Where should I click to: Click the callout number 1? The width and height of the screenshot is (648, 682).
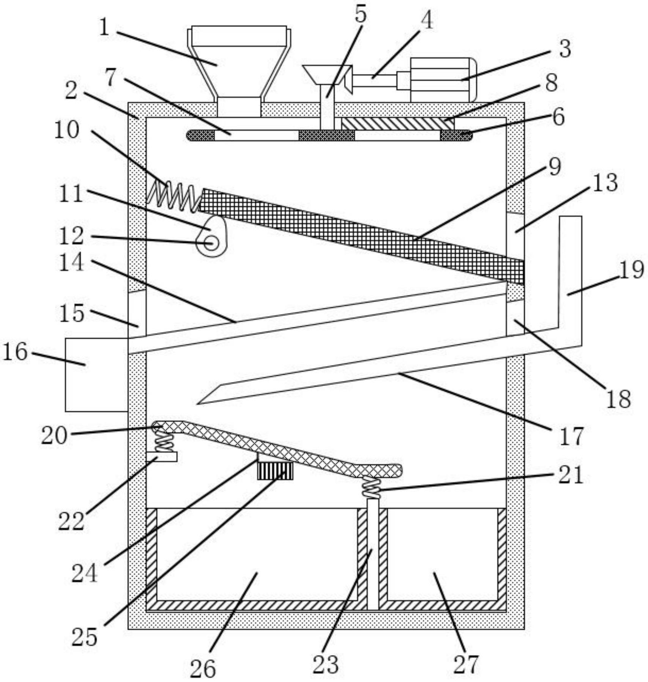[x=104, y=27]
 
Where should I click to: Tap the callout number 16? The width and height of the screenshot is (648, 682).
[x=15, y=352]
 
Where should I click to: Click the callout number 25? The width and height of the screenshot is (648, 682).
[x=84, y=637]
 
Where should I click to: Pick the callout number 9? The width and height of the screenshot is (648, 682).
[x=555, y=166]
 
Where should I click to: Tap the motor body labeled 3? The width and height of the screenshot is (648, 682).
[x=443, y=80]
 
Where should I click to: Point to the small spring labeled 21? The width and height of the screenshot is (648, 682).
[x=371, y=488]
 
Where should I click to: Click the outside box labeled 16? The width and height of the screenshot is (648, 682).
[x=96, y=375]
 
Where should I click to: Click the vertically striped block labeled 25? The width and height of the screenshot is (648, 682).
[x=275, y=470]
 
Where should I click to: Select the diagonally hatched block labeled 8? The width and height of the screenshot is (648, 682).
[x=397, y=124]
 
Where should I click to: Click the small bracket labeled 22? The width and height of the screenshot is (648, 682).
[x=162, y=457]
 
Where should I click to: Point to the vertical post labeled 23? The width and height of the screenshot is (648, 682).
[x=373, y=554]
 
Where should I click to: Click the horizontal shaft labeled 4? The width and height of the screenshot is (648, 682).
[x=375, y=80]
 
